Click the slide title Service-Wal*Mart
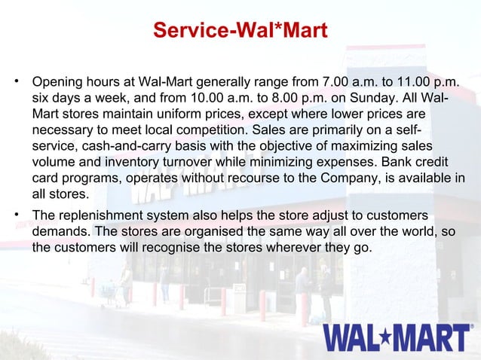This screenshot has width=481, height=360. [x=240, y=31]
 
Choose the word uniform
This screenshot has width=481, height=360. [x=198, y=115]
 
